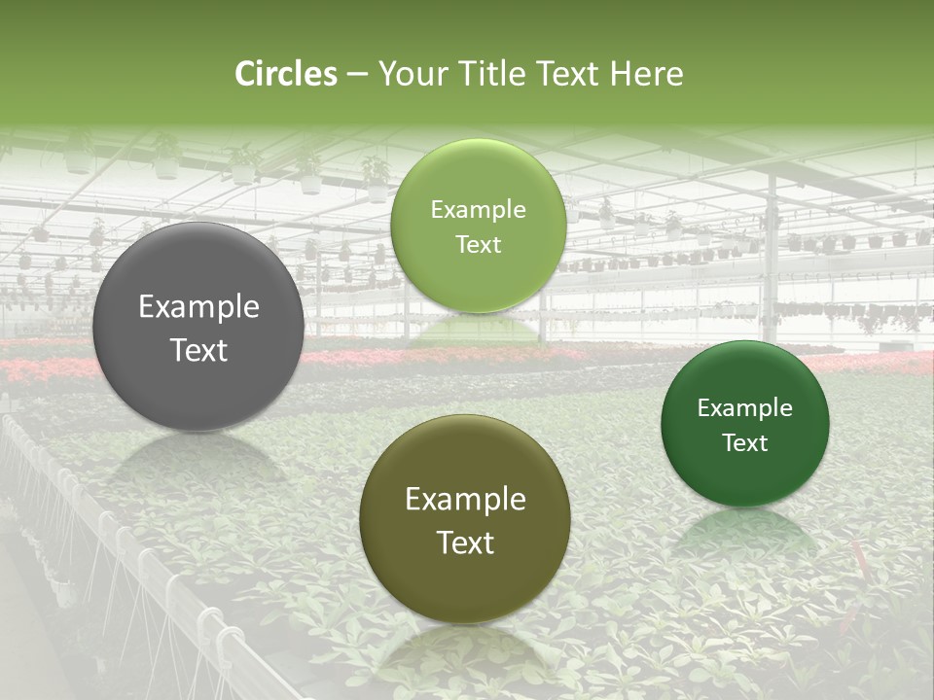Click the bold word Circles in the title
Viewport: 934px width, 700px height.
point(285,74)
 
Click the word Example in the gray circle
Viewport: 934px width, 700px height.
point(198,307)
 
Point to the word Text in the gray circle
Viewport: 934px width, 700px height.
point(198,350)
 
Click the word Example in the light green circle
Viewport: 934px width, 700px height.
point(478,210)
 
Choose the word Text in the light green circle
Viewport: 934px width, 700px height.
point(478,245)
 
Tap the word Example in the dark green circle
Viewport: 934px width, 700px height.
point(745,408)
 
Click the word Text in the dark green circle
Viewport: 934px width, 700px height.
point(745,443)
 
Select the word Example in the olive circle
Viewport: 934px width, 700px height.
point(465,500)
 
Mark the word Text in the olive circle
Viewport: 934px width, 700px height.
point(465,542)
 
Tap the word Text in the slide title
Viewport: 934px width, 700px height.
point(567,74)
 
